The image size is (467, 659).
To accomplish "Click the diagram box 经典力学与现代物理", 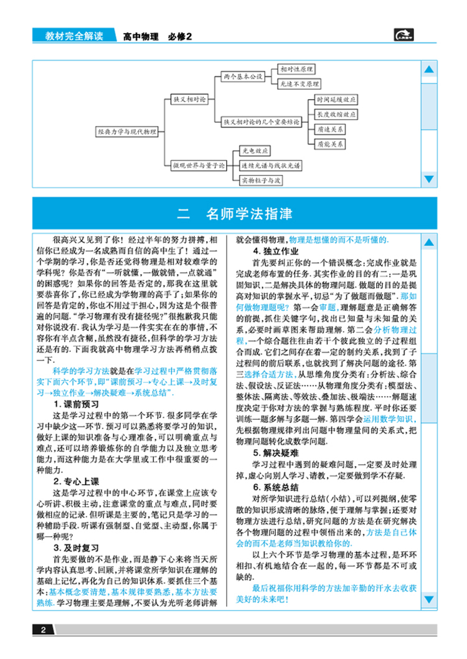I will [126, 131].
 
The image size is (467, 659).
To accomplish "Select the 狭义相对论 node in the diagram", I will [188, 98].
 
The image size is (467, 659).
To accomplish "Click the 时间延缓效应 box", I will [336, 100].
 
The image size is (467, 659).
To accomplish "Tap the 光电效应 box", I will [256, 151].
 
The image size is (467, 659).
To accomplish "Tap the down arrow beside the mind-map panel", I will [428, 179].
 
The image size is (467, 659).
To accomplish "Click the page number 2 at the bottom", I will [42, 630].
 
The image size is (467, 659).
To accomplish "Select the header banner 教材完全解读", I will [73, 36].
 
